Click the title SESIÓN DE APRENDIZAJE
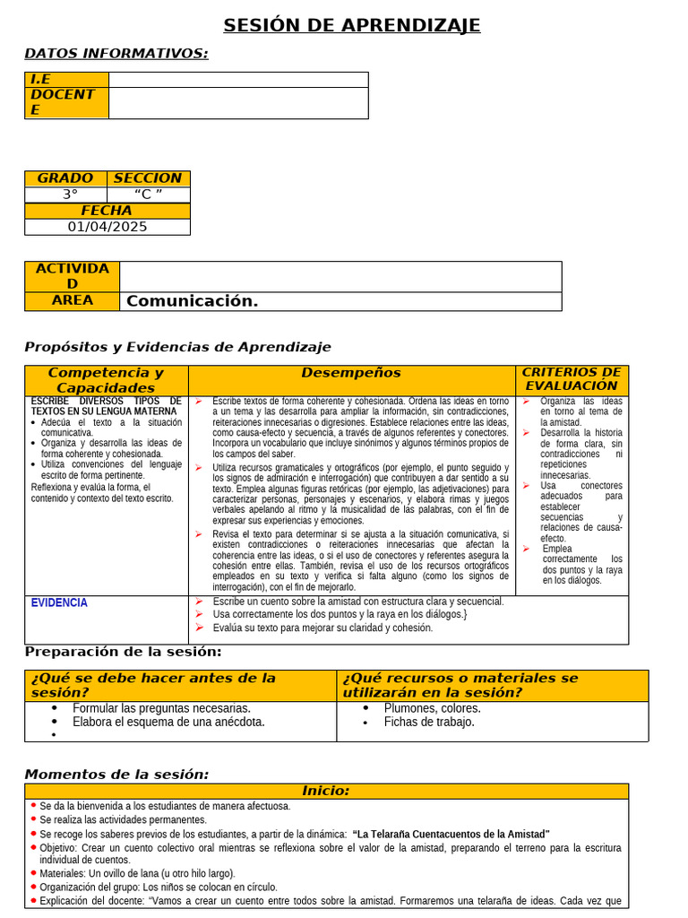351,25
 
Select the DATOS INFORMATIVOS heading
116,54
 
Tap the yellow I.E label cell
66,80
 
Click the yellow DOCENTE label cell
66,102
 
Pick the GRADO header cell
65,178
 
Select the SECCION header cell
148,178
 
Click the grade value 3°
70,195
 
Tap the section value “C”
148,195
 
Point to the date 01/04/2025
107,227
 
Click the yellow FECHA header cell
107,211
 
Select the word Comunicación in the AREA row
192,301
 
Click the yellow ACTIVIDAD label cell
72,276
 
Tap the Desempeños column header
351,373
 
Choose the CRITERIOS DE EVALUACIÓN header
571,379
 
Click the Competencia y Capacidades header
106,380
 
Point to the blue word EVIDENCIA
59,603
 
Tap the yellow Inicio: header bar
326,791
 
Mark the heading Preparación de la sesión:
123,652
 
